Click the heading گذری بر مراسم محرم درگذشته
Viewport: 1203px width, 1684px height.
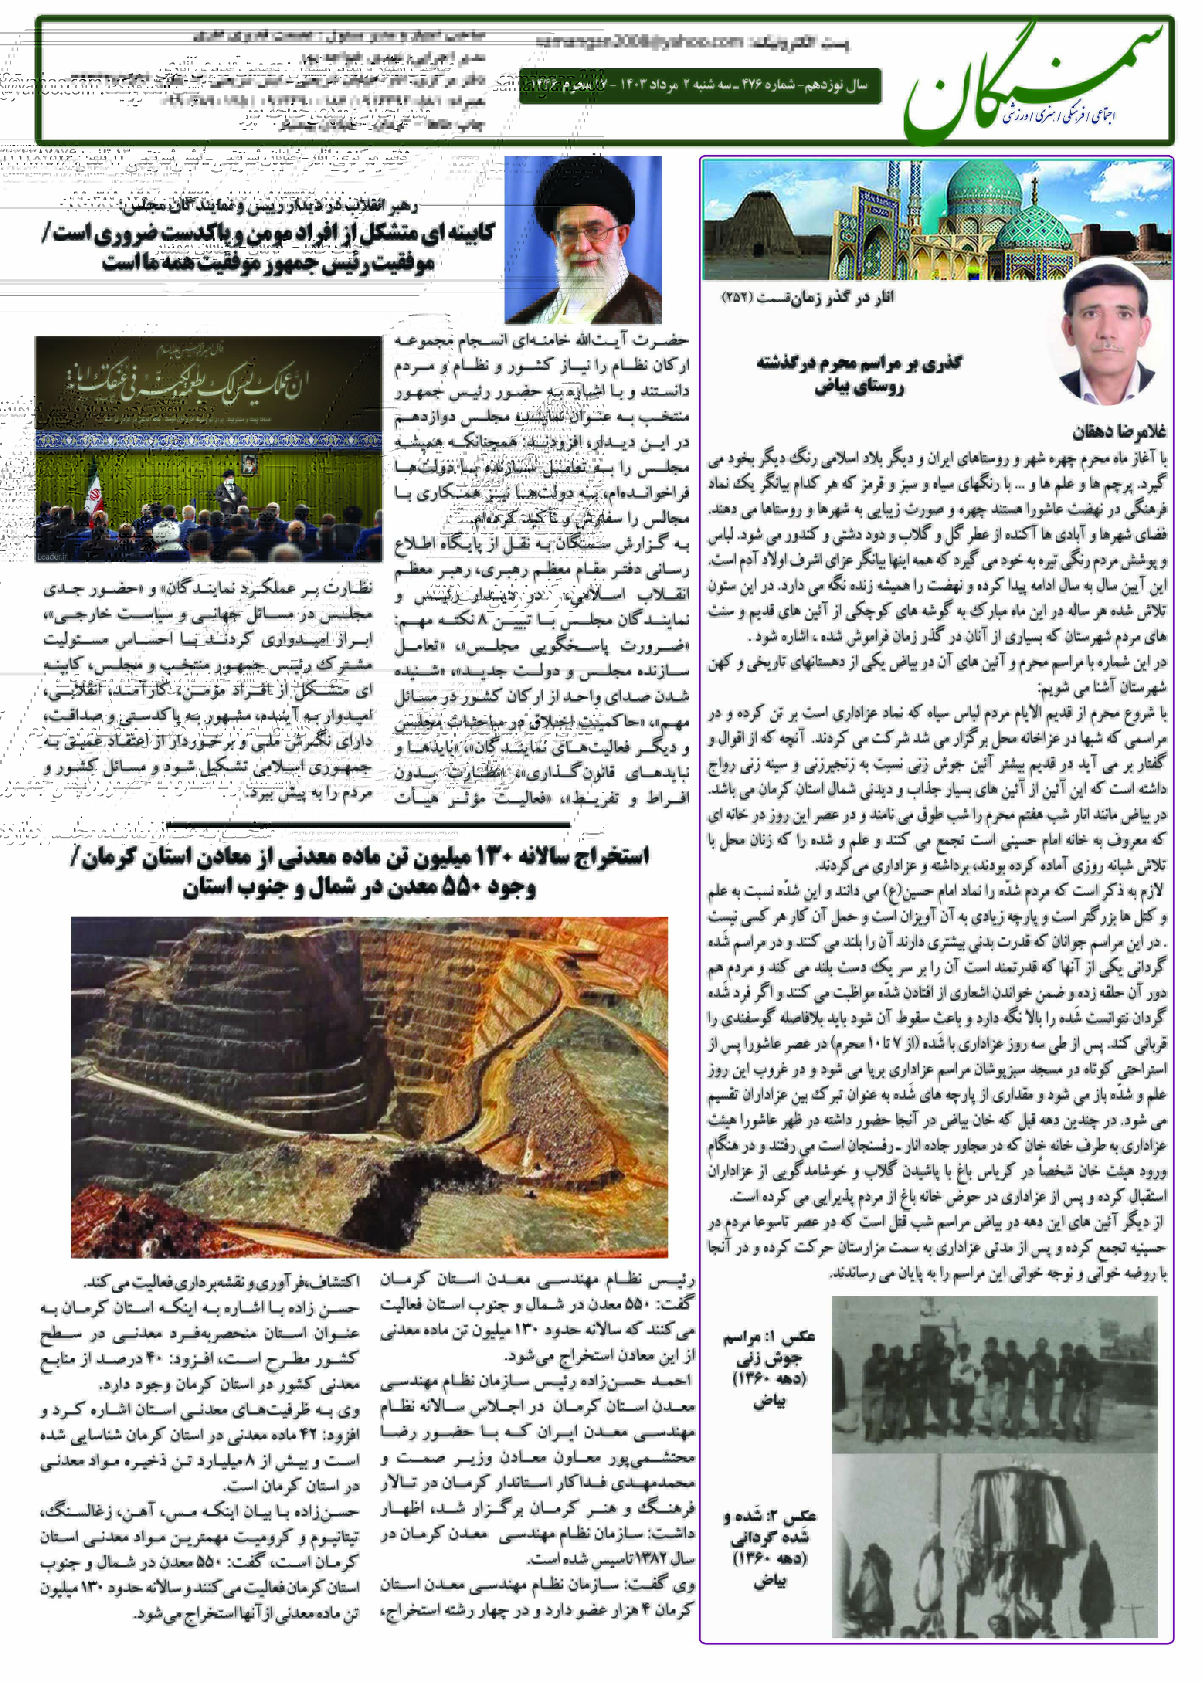859,363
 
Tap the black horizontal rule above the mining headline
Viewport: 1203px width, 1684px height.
368,824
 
